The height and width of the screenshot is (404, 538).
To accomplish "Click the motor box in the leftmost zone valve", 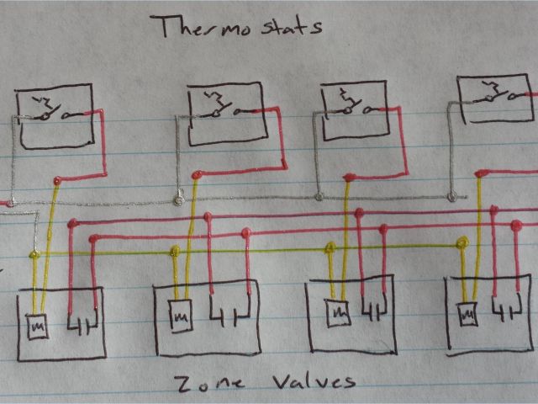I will (x=36, y=324).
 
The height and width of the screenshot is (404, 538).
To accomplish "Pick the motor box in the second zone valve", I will (x=179, y=316).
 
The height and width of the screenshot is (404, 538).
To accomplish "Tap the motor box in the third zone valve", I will (x=338, y=312).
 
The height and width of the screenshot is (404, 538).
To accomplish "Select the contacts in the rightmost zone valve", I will (x=507, y=313).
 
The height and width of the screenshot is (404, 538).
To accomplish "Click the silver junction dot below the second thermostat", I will (x=177, y=199).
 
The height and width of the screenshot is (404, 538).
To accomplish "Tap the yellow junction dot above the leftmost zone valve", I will (x=34, y=253).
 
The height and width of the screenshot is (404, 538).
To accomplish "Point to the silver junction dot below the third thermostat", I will (x=319, y=198).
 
